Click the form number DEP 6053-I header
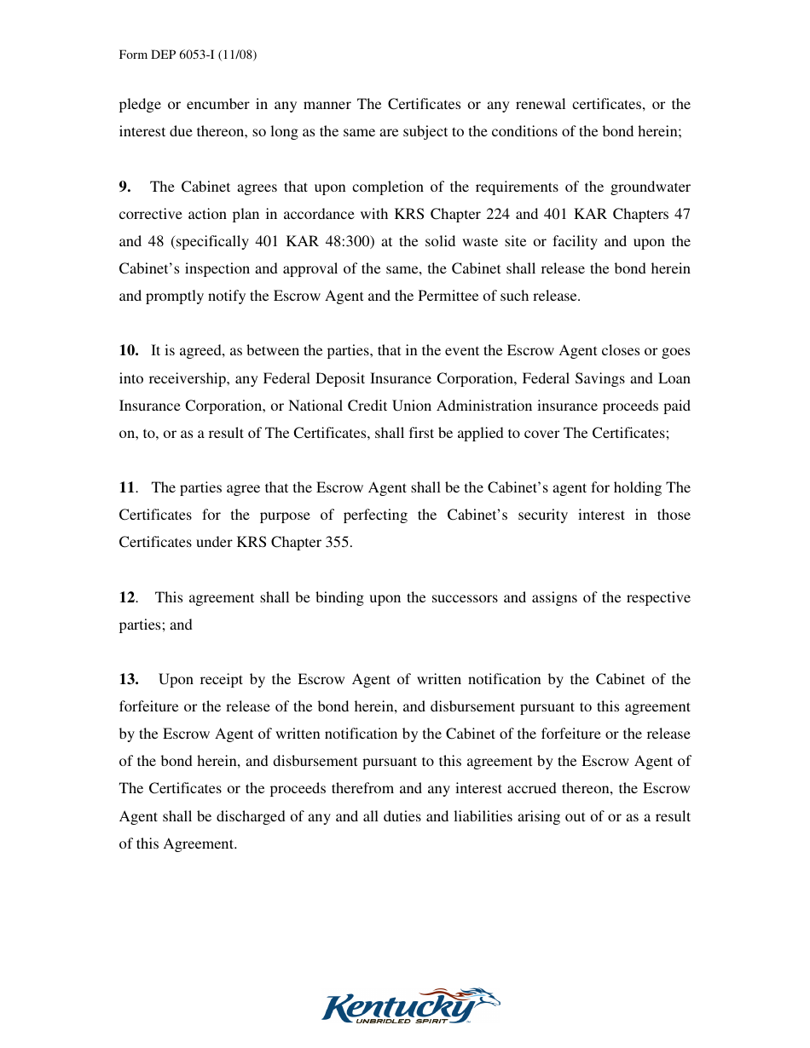[188, 55]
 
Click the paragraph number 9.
[124, 187]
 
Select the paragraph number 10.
[129, 350]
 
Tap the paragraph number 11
[127, 487]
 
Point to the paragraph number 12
[127, 597]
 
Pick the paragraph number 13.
[129, 679]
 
